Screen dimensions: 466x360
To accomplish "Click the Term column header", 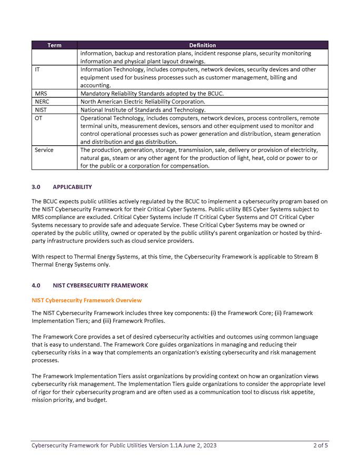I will (x=54, y=45).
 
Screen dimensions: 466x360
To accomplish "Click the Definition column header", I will (x=203, y=45).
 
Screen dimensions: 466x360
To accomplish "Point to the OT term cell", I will (x=38, y=118).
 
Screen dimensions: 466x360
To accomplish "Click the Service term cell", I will (x=44, y=150).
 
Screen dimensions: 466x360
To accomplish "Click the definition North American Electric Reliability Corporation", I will (x=143, y=102).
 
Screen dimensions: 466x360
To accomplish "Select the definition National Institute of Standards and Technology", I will (x=143, y=110).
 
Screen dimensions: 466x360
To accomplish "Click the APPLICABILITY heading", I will (x=72, y=187).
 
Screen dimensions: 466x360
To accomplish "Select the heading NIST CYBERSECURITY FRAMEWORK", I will (x=101, y=285).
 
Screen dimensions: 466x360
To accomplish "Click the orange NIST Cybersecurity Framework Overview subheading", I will (x=86, y=300).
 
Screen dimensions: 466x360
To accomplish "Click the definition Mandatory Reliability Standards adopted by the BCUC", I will (x=152, y=94).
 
